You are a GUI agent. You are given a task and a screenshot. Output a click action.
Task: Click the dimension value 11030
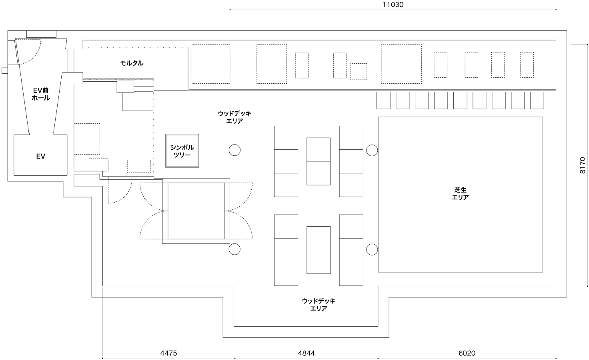[393, 4]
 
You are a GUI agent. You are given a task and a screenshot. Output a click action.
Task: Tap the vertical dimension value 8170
[583, 165]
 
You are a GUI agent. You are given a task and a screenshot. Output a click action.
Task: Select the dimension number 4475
[168, 353]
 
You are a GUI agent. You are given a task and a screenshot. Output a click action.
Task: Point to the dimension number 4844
[307, 353]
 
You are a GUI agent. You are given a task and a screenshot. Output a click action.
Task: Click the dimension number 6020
[467, 353]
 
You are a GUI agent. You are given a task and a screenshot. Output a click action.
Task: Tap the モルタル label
[132, 63]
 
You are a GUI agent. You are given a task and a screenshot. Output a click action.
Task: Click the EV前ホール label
[41, 94]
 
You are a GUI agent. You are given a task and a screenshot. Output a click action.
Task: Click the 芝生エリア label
[460, 193]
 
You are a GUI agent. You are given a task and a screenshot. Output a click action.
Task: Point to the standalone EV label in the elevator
[40, 156]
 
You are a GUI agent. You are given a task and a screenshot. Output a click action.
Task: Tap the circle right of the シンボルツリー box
[234, 150]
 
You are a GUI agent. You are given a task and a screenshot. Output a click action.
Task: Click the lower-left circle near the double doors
[234, 249]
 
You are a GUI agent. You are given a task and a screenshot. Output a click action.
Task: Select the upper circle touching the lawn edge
[372, 150]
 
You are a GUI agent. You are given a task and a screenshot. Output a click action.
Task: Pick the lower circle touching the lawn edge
[372, 249]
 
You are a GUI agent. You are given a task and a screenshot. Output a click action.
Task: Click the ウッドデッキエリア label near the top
[234, 117]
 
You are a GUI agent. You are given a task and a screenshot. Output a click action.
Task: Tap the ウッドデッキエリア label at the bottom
[319, 305]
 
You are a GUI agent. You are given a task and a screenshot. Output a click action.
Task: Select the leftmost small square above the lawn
[383, 100]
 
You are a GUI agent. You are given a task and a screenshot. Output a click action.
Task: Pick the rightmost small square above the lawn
[537, 100]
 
